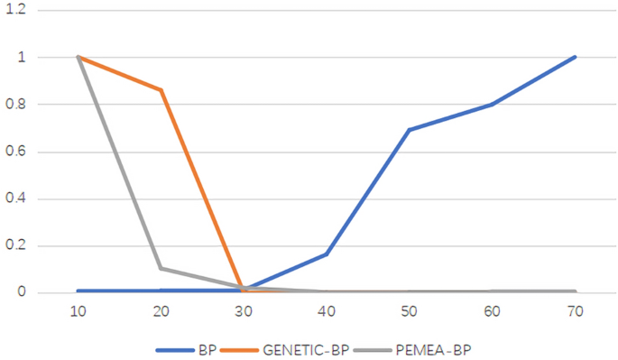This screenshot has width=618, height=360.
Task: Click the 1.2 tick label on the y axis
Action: (17, 10)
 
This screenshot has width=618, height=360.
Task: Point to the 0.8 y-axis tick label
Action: (17, 105)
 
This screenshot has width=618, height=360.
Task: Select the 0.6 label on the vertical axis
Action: (17, 152)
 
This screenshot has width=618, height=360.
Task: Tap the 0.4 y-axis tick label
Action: (17, 198)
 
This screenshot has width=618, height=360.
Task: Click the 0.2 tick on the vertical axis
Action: (17, 245)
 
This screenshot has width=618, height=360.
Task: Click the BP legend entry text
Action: (205, 348)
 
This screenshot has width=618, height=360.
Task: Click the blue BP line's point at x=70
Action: (575, 57)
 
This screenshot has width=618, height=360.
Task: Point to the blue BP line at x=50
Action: (410, 130)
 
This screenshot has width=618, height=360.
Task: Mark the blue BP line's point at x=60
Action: (493, 105)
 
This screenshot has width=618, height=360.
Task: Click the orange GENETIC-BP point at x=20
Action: (161, 90)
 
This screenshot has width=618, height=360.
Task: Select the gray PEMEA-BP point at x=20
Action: (161, 268)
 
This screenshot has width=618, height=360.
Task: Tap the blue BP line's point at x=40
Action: (327, 254)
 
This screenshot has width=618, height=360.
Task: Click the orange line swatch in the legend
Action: (245, 348)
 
